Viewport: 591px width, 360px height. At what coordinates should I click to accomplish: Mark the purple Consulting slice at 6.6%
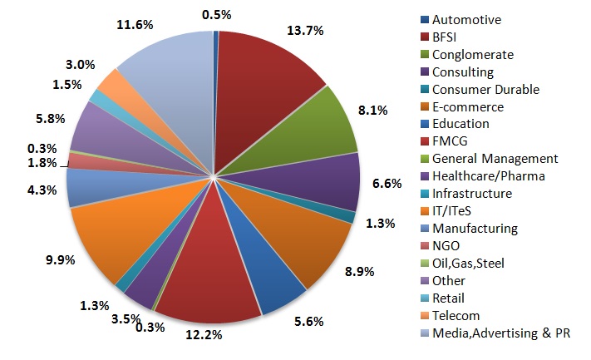(328, 183)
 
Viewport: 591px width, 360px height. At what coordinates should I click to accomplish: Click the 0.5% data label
(216, 14)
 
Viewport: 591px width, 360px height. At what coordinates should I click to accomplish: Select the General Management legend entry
(495, 158)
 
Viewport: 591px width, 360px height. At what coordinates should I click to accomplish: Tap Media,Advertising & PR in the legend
(504, 333)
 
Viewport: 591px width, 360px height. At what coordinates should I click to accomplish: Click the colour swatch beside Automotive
(426, 19)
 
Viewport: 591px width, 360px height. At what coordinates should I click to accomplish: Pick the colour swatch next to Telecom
(426, 315)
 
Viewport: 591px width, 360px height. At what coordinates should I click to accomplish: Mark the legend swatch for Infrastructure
(426, 193)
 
